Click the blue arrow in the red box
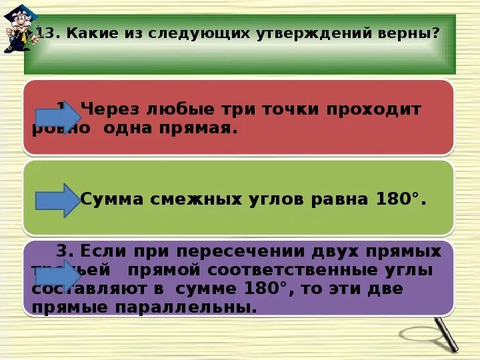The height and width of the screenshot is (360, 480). [x=57, y=117]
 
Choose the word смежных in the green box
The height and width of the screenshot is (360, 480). [x=185, y=199]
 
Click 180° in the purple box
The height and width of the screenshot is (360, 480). [x=267, y=289]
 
